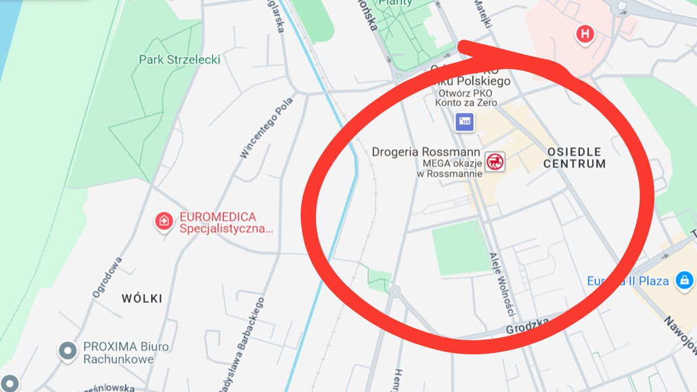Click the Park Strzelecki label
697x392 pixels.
tap(179, 59)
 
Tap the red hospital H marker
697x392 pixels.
tap(585, 34)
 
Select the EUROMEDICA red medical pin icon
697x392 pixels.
tap(164, 221)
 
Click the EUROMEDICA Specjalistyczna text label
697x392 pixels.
tap(226, 223)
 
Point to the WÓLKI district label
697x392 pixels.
tap(142, 299)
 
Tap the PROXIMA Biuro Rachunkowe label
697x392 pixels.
tap(126, 353)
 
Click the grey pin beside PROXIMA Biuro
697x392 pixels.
tap(68, 351)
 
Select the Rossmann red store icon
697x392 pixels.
tap(495, 161)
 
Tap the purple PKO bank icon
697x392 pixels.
tap(464, 122)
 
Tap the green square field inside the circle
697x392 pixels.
tap(461, 248)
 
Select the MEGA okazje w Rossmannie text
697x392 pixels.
tap(448, 168)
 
